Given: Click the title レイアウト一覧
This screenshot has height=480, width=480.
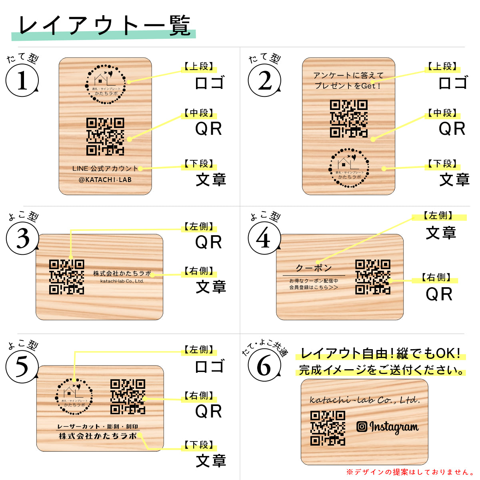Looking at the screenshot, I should click(104, 26).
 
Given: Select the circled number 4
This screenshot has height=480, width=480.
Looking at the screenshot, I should click(264, 238).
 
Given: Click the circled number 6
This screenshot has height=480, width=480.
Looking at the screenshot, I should click(264, 366).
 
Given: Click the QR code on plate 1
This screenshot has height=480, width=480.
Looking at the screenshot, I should click(105, 136).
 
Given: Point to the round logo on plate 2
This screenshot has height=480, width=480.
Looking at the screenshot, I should click(349, 168).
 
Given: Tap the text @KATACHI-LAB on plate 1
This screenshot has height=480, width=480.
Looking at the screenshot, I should click(105, 180).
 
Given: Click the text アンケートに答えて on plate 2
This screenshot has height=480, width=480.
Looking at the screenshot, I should click(348, 75).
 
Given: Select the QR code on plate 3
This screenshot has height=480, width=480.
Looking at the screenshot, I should click(67, 277).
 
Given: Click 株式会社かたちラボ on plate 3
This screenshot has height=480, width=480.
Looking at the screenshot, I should click(122, 273).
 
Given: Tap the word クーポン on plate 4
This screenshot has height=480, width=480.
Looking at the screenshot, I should click(314, 268).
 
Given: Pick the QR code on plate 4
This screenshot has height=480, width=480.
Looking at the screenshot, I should click(373, 277).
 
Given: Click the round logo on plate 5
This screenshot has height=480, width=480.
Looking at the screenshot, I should click(74, 396).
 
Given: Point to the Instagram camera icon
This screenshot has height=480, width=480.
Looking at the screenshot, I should click(362, 426).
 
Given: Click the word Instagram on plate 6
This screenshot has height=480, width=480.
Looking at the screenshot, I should click(394, 427).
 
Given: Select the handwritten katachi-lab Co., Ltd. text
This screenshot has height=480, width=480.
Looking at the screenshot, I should click(365, 400).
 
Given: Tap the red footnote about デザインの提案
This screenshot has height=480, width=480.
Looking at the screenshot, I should click(410, 472).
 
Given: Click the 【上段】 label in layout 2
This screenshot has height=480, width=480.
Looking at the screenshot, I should click(442, 66).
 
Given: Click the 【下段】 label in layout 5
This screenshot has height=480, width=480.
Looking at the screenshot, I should click(199, 445).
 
